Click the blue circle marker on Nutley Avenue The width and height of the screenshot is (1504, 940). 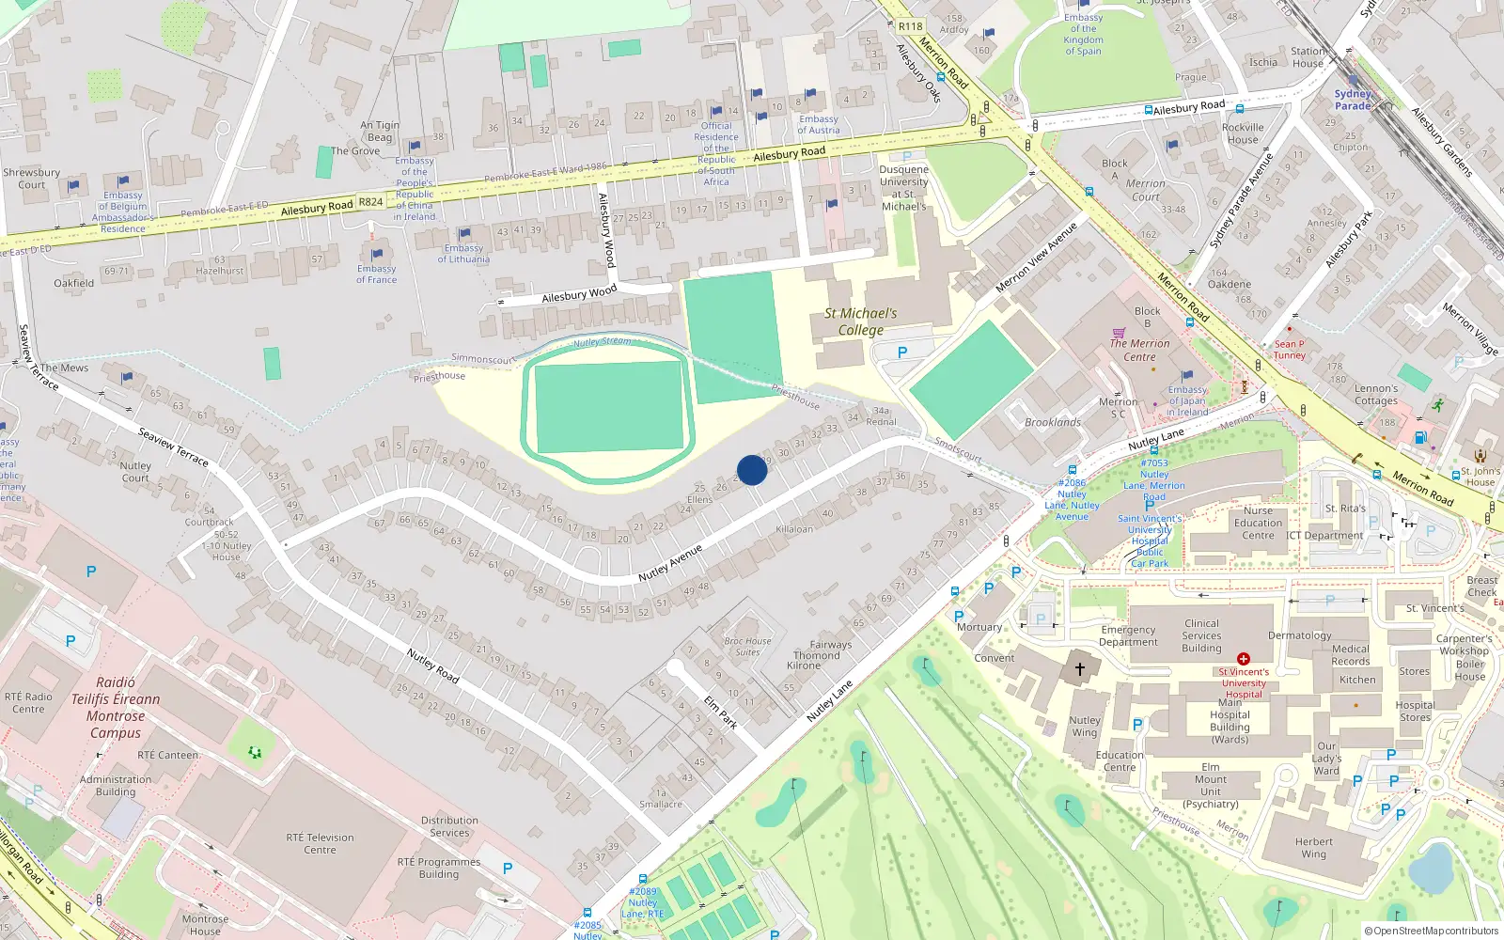751,470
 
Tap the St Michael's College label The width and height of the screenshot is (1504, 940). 860,321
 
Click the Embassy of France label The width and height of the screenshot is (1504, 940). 376,274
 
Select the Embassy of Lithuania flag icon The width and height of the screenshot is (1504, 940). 463,234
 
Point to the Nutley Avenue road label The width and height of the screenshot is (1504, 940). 670,562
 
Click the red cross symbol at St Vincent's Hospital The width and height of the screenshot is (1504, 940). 1243,659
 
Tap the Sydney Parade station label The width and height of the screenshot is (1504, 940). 1353,100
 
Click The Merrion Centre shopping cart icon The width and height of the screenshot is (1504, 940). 1119,333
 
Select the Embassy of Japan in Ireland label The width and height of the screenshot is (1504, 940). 1187,400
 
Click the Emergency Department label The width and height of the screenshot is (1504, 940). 1128,635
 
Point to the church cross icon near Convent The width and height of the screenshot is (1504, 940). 1080,669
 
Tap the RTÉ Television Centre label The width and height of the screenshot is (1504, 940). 320,843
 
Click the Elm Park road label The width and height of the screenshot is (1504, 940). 720,713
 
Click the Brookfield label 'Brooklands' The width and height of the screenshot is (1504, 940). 1053,422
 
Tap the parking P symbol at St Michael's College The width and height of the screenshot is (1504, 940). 902,352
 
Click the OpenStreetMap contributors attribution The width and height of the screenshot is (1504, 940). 1432,931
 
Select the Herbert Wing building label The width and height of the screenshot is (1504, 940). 1313,848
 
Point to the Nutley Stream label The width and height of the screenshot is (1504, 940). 603,341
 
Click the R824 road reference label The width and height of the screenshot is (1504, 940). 370,201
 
